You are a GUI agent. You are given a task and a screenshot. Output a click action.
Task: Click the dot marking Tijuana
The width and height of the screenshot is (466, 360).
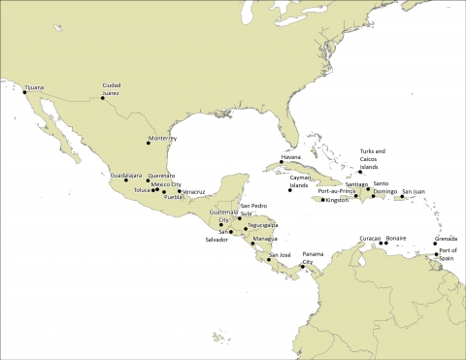(25, 92)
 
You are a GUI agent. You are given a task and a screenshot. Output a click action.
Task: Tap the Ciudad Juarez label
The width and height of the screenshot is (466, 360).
(111, 89)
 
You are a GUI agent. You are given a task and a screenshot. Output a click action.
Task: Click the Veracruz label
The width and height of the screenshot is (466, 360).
(193, 192)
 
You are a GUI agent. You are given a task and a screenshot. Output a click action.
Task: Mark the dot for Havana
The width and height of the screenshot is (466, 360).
(282, 162)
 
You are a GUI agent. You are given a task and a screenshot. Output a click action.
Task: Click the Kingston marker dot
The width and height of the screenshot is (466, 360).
(322, 200)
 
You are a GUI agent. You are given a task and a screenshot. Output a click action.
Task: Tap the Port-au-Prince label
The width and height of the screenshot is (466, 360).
(337, 191)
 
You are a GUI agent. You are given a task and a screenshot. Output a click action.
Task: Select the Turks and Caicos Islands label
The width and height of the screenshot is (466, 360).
(373, 158)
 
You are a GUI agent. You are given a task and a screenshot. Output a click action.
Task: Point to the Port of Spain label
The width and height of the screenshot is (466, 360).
(447, 254)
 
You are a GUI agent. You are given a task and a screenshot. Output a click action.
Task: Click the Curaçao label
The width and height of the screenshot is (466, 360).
(370, 238)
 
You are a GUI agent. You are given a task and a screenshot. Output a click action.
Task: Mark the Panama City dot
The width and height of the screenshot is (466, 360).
(303, 267)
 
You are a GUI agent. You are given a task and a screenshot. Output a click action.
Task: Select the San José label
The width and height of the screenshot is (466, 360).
(279, 254)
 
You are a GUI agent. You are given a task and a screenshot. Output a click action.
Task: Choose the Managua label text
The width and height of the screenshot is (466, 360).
(265, 238)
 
